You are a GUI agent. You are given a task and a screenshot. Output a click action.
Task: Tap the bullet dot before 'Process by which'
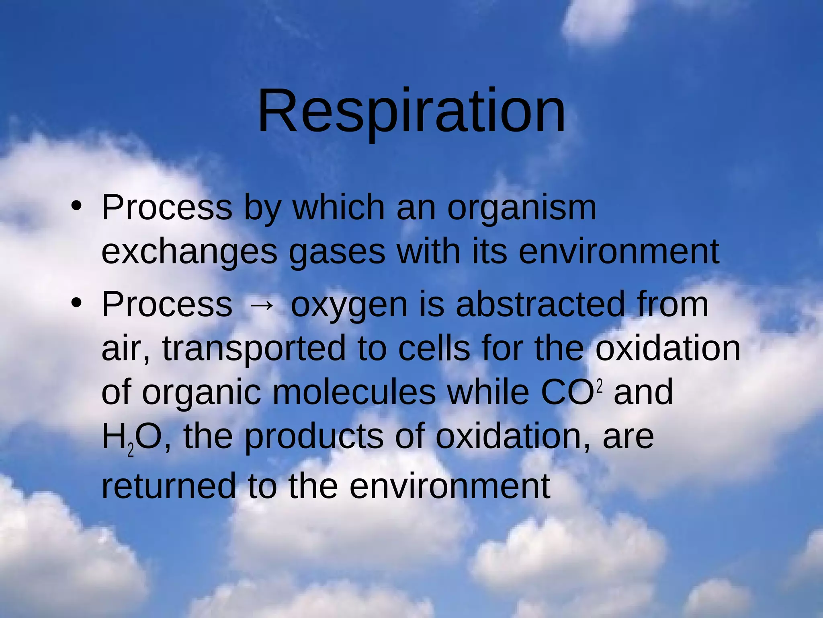point(76,206)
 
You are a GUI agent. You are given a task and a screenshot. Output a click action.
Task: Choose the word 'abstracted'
point(540,304)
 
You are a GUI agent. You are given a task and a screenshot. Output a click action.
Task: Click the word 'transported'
point(254,349)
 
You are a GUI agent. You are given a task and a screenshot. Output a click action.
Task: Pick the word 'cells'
point(434,348)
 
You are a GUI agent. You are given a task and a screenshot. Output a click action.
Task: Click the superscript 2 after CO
point(600,387)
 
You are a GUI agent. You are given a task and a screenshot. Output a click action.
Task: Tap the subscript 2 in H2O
point(131,451)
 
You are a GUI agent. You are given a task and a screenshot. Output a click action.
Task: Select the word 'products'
point(314,437)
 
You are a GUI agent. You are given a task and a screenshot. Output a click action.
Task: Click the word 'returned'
point(168,486)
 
